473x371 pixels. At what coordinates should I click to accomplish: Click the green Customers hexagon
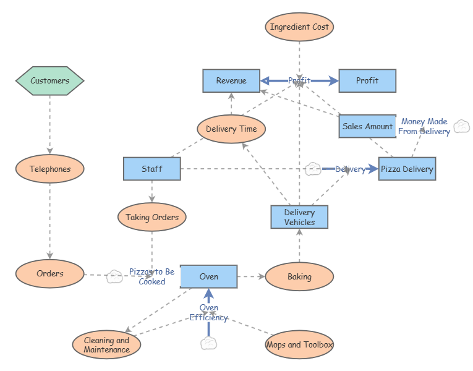[x=49, y=80]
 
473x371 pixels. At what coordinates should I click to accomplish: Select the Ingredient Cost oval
[x=299, y=27]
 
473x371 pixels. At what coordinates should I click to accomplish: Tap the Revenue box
[x=231, y=81]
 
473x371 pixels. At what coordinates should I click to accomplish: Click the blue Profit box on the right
[x=367, y=81]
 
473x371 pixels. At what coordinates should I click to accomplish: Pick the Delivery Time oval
[x=231, y=129]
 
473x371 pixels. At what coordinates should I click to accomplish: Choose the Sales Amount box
[x=367, y=126]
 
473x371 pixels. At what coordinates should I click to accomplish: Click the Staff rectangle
[x=152, y=169]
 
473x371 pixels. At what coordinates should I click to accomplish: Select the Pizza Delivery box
[x=407, y=169]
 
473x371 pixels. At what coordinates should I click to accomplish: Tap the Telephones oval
[x=49, y=169]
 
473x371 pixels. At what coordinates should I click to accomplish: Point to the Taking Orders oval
[x=152, y=217]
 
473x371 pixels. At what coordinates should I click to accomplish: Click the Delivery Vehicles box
[x=299, y=217]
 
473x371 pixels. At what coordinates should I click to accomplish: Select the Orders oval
[x=49, y=274]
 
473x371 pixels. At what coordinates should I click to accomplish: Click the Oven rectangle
[x=209, y=276]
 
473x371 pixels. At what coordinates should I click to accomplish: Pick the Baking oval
[x=299, y=276]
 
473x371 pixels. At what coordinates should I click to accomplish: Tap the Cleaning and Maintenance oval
[x=106, y=344]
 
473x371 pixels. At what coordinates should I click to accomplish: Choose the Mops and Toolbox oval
[x=299, y=344]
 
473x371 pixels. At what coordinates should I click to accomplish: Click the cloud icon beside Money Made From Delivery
[x=461, y=127]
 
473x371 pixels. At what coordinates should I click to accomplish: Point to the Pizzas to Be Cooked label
[x=151, y=276]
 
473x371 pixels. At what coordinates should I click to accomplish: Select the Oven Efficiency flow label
[x=209, y=313]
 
